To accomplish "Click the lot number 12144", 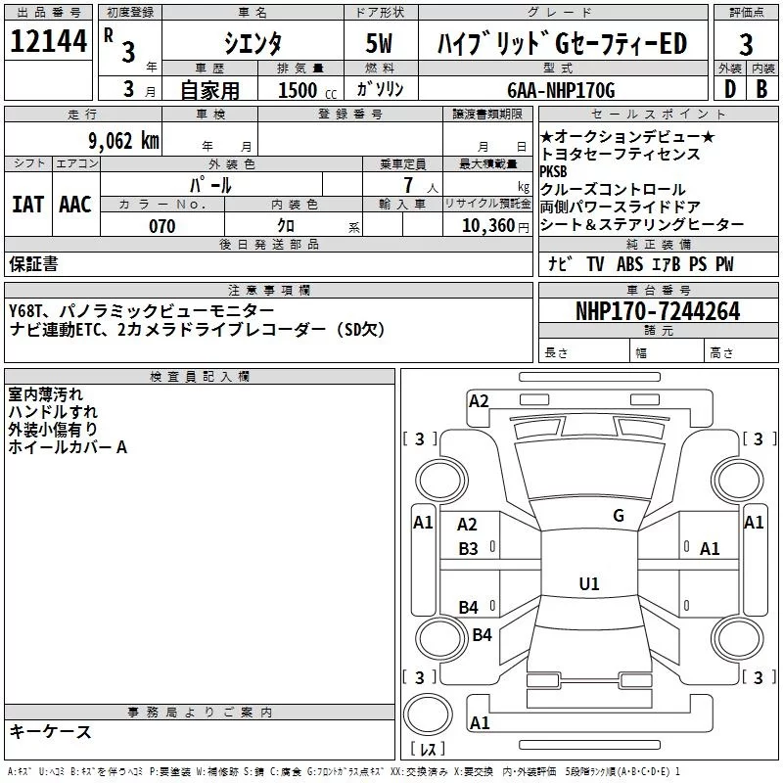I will (48, 42).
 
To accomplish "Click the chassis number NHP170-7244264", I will (658, 311).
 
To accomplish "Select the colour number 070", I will (161, 226).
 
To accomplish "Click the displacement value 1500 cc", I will (299, 90).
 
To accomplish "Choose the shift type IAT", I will (27, 204).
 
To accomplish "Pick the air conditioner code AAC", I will (75, 204).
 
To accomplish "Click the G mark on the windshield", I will (618, 516).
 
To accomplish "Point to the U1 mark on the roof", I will (588, 583).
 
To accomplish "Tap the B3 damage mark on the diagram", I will (469, 549).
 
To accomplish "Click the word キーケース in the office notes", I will (50, 731).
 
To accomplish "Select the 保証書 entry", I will (33, 264).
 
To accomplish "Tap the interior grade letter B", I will (761, 90).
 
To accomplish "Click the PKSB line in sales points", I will (554, 171).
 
